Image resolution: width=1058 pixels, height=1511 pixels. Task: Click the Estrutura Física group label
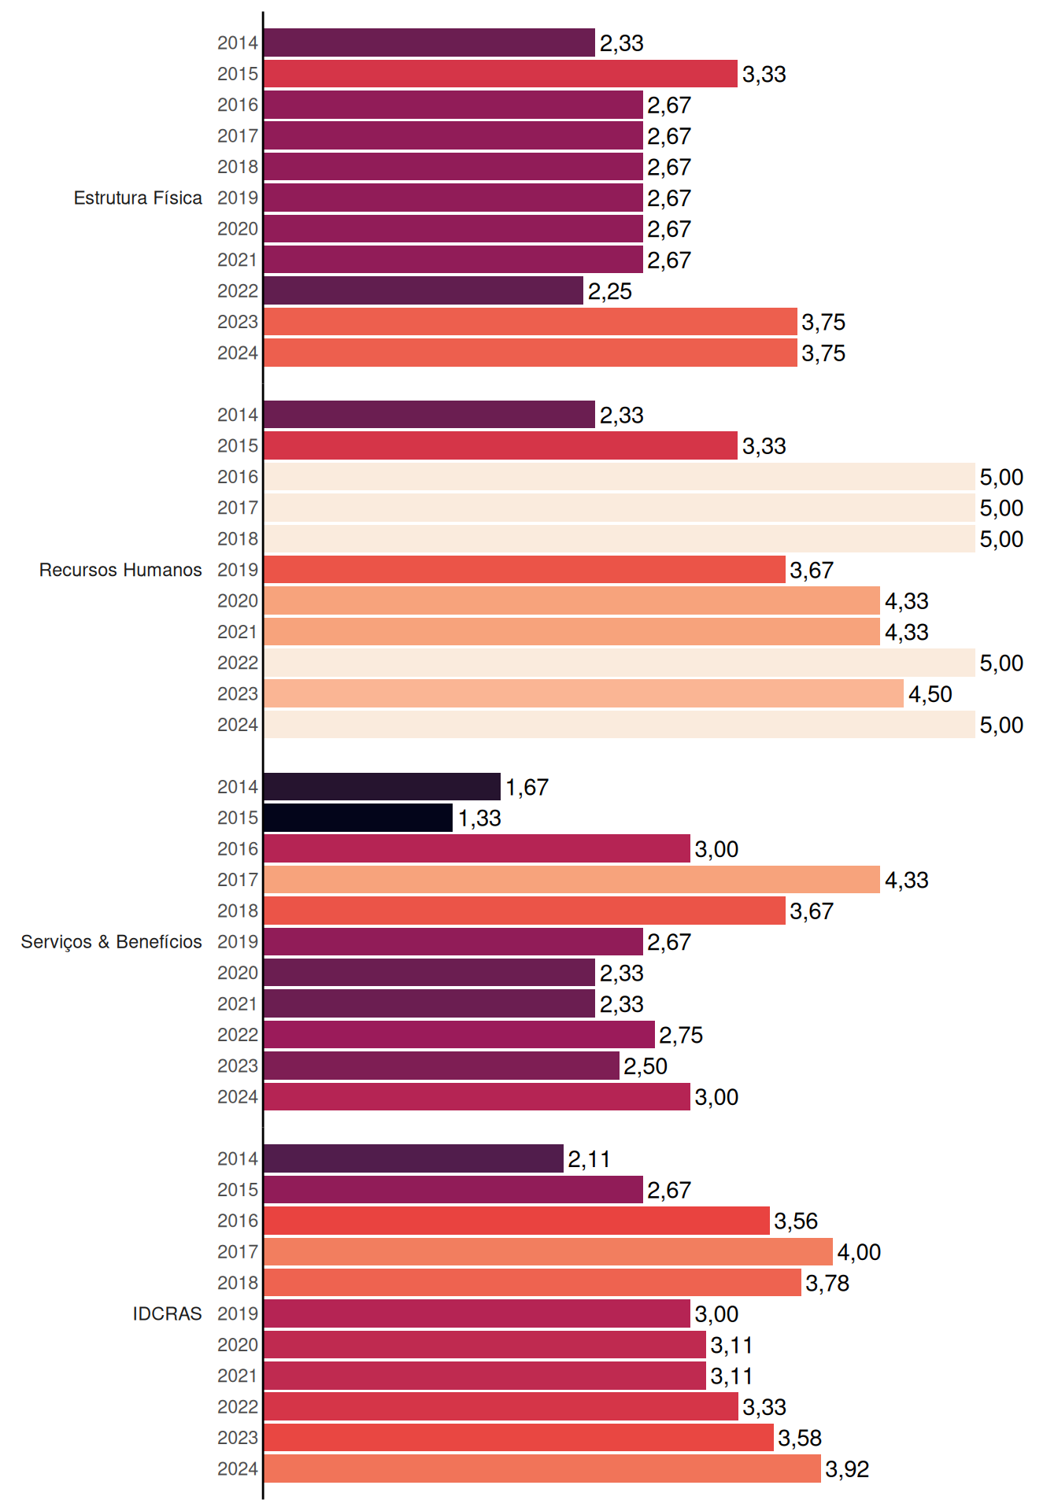pos(138,198)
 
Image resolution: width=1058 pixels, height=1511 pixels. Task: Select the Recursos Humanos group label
pos(120,570)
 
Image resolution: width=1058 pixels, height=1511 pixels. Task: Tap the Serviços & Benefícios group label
pos(111,942)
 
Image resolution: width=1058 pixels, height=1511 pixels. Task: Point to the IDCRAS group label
pos(167,1313)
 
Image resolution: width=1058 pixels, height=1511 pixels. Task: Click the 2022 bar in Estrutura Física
pos(424,291)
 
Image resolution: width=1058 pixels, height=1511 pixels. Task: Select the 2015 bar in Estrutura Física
pos(501,74)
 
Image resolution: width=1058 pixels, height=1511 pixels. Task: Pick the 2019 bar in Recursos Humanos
pos(524,570)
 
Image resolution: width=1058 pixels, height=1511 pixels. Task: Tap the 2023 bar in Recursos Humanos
pos(583,694)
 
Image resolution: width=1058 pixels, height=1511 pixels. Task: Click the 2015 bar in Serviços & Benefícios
pos(358,818)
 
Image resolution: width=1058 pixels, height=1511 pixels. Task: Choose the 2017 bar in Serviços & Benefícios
pos(572,880)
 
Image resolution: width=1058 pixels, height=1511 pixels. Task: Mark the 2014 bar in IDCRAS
pos(413,1158)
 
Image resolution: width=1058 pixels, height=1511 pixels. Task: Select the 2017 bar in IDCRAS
pos(548,1251)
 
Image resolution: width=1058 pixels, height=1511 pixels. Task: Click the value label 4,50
pos(930,694)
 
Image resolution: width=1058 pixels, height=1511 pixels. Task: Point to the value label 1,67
pos(527,787)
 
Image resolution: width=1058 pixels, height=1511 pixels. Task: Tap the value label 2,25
pos(610,291)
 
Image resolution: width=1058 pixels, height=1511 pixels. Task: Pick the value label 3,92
pos(847,1469)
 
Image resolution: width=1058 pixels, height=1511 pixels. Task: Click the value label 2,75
pos(681,1035)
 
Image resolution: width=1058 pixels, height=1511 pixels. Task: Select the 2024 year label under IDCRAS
pos(238,1469)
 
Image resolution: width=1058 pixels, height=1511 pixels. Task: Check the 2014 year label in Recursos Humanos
pos(238,415)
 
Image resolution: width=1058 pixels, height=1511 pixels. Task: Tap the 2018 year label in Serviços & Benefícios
pos(238,911)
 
